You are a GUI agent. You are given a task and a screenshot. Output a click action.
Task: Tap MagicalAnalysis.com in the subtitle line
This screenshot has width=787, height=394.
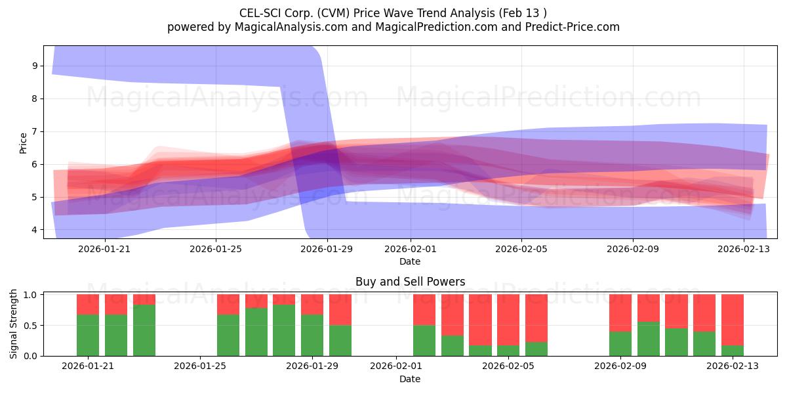pos(291,27)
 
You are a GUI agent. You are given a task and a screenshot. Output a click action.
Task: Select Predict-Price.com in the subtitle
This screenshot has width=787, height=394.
pos(573,27)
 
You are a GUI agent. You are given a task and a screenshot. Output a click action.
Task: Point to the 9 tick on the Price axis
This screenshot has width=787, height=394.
pos(35,66)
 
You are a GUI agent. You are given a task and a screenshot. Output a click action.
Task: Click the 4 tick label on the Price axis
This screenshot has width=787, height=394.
pos(35,230)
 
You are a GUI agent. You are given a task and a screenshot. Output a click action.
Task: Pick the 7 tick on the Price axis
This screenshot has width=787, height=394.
pos(35,131)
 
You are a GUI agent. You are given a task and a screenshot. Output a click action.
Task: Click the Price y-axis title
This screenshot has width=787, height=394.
pos(23,143)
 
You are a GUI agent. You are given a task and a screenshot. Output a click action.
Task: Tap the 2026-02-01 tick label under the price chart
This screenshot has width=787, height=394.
pos(411,249)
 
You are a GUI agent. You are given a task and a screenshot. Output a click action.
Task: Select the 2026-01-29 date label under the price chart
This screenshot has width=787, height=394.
pos(327,249)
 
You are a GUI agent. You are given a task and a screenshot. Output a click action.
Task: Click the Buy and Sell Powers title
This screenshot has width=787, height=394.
pos(411,282)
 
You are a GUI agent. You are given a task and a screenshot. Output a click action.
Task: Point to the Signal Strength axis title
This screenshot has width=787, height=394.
pos(13,324)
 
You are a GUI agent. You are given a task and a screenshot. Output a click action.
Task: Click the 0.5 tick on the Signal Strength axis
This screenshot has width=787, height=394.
pos(31,326)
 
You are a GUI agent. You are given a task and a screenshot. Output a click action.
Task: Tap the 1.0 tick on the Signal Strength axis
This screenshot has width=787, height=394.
pos(31,295)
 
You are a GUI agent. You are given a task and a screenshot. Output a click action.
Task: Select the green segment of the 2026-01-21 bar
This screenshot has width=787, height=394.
pos(88,335)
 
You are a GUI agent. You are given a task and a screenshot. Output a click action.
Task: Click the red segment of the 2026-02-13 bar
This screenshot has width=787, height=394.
pos(733,320)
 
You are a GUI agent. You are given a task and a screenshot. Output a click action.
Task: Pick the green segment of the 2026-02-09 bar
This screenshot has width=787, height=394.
pos(620,343)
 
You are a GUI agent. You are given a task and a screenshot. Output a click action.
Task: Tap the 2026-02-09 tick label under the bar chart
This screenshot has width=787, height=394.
pos(620,366)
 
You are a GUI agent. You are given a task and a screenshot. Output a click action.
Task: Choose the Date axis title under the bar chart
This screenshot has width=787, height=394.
pos(410,379)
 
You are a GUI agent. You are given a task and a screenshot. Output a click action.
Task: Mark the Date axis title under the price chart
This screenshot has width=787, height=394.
pos(410,261)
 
